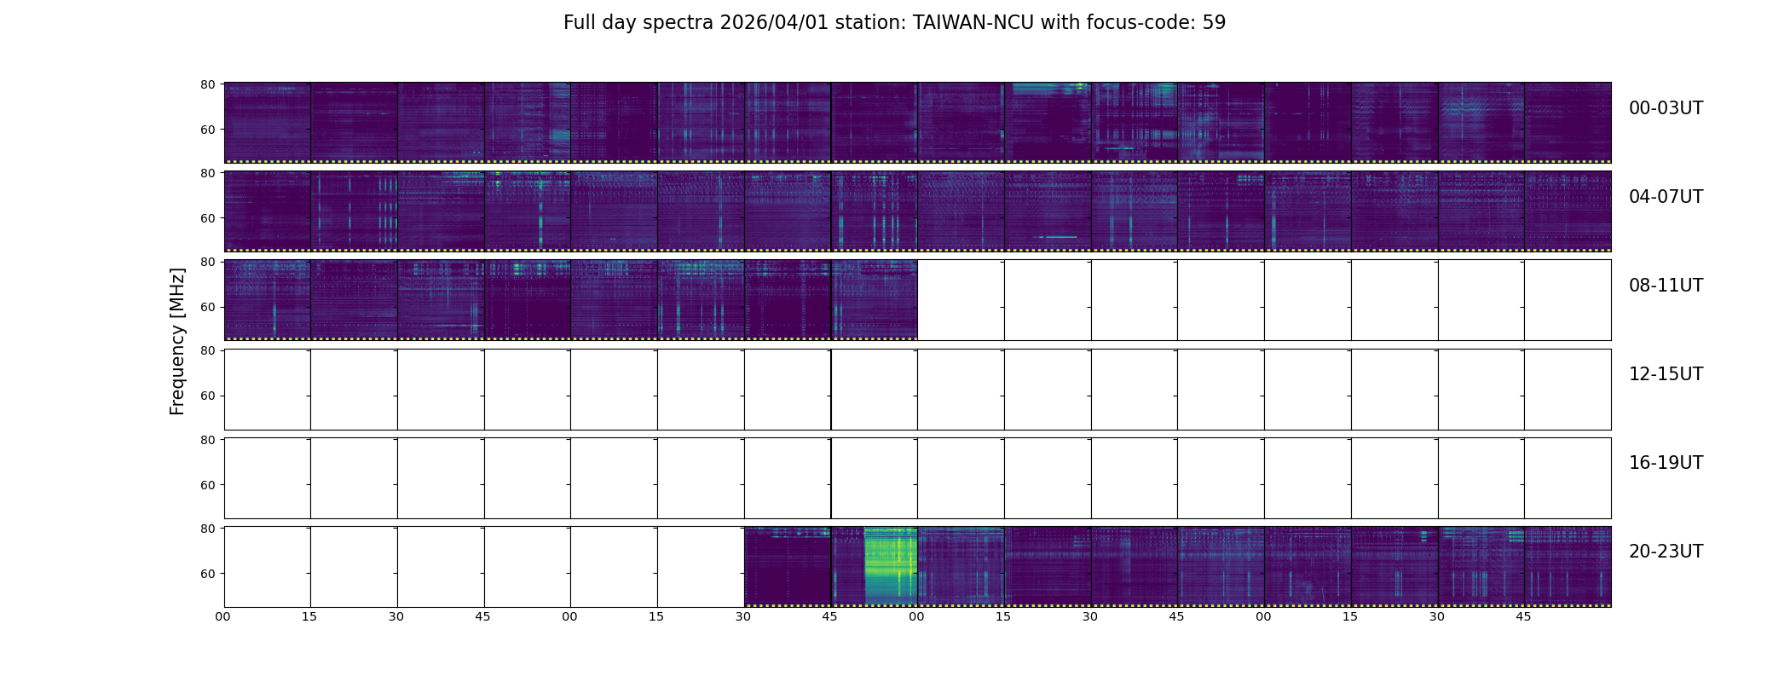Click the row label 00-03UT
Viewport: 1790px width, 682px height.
coord(1666,108)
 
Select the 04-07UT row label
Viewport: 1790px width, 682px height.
coord(1666,197)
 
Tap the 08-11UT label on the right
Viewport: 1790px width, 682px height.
coord(1666,286)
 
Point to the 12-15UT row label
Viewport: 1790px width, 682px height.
coord(1666,374)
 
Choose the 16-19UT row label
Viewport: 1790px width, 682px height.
coord(1666,463)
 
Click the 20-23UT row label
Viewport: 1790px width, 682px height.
coord(1666,552)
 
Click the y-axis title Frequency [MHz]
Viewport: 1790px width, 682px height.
coord(177,341)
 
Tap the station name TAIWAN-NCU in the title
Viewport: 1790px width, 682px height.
coord(973,23)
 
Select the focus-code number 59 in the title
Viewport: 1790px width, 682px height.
coord(1214,23)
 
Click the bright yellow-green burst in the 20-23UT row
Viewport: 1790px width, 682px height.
coord(890,566)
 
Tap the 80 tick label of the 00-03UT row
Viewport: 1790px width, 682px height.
coord(207,84)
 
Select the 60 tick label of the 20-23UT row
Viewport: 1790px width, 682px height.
coord(207,574)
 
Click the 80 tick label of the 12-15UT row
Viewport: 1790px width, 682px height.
coord(207,350)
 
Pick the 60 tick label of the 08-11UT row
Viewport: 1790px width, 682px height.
coord(207,307)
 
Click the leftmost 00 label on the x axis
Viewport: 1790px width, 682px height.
coord(223,616)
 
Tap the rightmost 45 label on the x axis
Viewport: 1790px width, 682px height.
coord(1523,616)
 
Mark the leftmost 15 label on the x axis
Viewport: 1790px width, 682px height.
coord(309,616)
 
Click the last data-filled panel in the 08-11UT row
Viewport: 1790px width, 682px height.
coord(874,299)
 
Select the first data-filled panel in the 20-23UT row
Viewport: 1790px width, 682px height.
coord(787,566)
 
